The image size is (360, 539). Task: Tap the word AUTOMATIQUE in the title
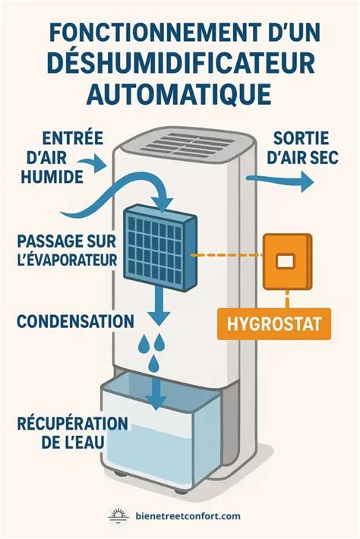coord(179,93)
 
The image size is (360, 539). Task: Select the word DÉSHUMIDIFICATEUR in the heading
coord(180,64)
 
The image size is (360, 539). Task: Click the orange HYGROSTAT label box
coord(274,324)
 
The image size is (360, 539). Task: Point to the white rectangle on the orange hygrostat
coord(286,261)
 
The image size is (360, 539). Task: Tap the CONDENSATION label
coord(75,321)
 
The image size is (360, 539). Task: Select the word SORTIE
coord(302,138)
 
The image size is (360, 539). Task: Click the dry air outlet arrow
coord(280,179)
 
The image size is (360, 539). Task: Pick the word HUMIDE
coord(52,178)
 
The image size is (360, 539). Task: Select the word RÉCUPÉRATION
coord(73,424)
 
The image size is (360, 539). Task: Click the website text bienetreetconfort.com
coord(188,515)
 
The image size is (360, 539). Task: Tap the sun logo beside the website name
coord(118,515)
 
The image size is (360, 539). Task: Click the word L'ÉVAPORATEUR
coord(68,260)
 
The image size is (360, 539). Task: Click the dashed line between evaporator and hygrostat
coord(226,255)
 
